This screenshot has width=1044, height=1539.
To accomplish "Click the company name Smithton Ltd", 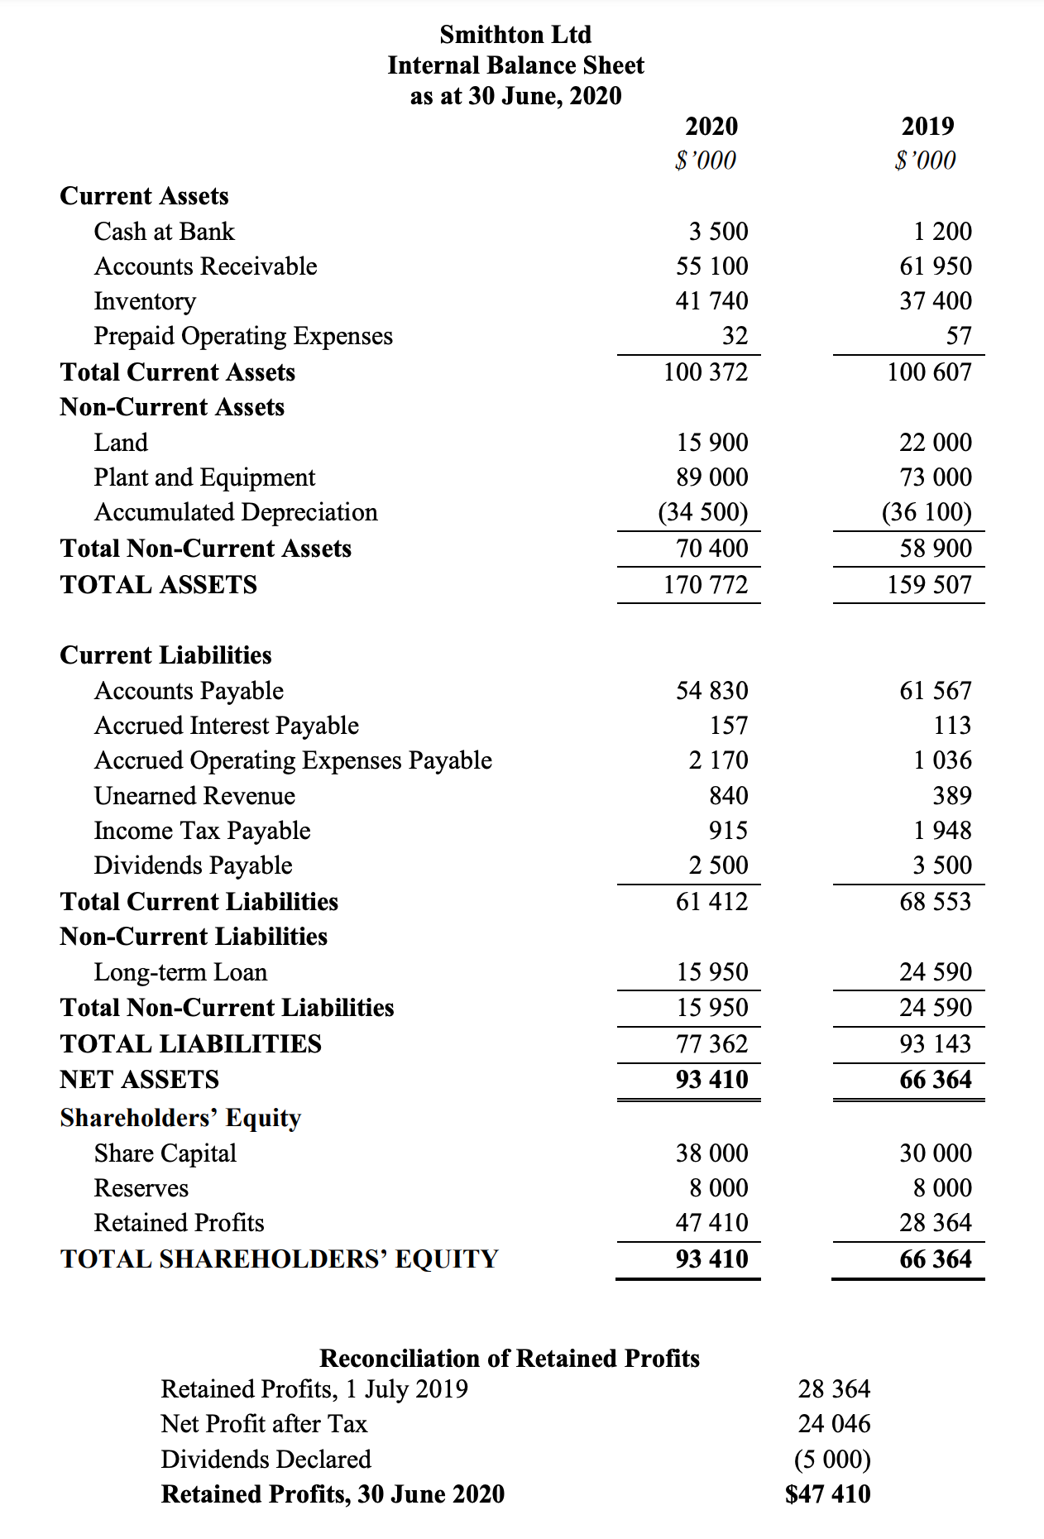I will pyautogui.click(x=515, y=35).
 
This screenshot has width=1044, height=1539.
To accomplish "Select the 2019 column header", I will pyautogui.click(x=927, y=127).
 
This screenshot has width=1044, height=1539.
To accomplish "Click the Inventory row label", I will pyautogui.click(x=145, y=301).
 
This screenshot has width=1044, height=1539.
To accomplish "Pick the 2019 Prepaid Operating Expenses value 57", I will pyautogui.click(x=958, y=336).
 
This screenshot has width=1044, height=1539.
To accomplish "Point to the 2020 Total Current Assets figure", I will pyautogui.click(x=705, y=372).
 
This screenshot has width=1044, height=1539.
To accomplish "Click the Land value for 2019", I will pyautogui.click(x=935, y=443).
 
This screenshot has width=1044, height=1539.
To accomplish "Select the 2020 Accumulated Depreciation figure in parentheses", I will pyautogui.click(x=702, y=512).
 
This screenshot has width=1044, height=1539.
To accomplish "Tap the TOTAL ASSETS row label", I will pyautogui.click(x=158, y=585).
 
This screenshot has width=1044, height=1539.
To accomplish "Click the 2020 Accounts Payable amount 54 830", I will pyautogui.click(x=711, y=691).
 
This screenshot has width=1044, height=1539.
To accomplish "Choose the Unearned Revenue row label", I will pyautogui.click(x=194, y=796).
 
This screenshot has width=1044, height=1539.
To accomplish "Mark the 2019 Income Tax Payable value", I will pyautogui.click(x=941, y=831).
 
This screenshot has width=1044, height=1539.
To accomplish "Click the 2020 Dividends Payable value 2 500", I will pyautogui.click(x=718, y=865).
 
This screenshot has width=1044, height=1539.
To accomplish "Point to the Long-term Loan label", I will pyautogui.click(x=180, y=972).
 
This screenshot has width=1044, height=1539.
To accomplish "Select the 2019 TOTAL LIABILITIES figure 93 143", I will pyautogui.click(x=935, y=1044).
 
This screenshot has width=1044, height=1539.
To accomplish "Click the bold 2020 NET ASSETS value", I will pyautogui.click(x=711, y=1080).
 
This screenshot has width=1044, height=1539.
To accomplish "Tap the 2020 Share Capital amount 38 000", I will pyautogui.click(x=711, y=1153).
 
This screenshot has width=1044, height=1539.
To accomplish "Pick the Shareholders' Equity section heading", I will pyautogui.click(x=180, y=1118).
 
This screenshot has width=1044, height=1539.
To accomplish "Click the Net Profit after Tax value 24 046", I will pyautogui.click(x=834, y=1424).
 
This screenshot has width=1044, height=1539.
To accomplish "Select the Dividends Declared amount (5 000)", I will pyautogui.click(x=832, y=1460).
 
